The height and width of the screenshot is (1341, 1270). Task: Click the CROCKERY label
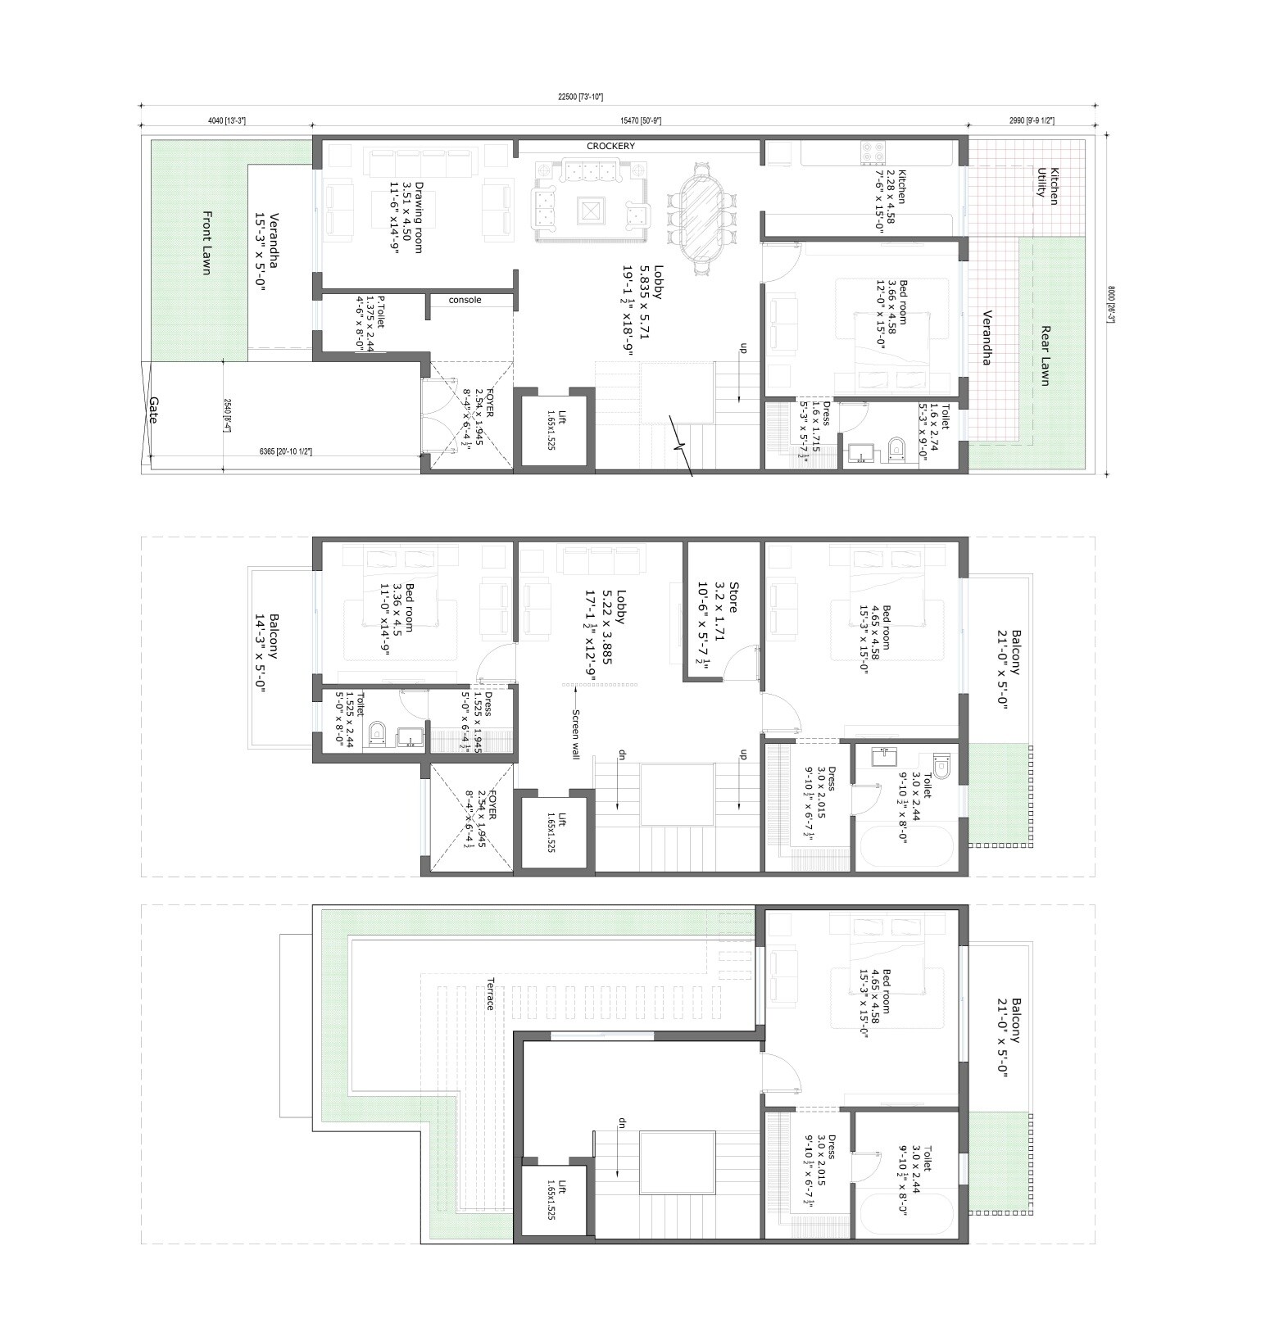coord(610,146)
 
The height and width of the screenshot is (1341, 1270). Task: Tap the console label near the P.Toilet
coord(465,300)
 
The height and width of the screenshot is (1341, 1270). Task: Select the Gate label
coord(153,410)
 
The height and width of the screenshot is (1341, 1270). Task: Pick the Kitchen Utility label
coord(1048,182)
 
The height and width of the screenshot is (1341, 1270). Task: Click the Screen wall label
coord(576,734)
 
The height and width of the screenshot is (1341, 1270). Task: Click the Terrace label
coord(490,994)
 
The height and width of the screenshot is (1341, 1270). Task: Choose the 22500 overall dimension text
coord(579,97)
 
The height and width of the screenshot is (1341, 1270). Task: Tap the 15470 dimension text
coord(640,120)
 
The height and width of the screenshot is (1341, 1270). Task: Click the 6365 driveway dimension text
coord(285,451)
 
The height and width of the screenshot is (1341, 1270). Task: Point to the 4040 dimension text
coord(226,120)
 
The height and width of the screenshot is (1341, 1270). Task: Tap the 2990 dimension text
coord(1031,120)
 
